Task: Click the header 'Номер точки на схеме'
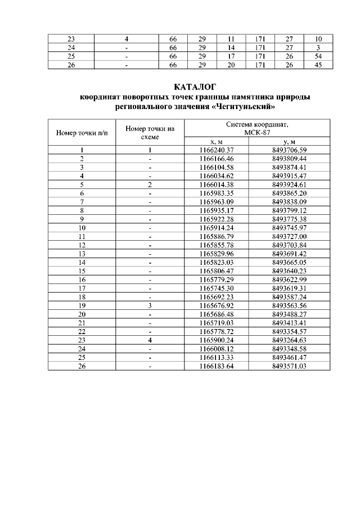[150, 133]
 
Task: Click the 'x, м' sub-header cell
[217, 142]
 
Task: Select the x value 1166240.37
[217, 150]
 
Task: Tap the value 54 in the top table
[318, 57]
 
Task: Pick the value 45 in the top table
[318, 65]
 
